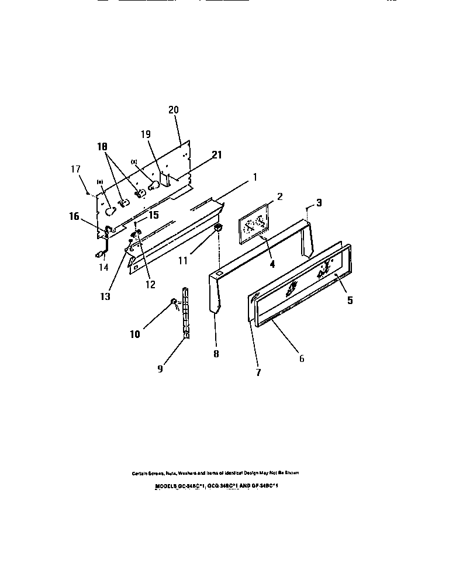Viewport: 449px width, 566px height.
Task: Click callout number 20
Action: click(174, 110)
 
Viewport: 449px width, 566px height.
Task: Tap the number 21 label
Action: click(217, 155)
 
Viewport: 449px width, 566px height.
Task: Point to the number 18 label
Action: click(102, 149)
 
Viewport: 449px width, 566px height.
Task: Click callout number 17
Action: click(75, 169)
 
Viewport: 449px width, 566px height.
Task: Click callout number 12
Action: click(150, 285)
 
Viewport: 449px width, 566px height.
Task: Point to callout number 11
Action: click(183, 260)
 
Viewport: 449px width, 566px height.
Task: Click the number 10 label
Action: click(134, 334)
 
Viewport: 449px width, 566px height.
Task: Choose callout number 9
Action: click(161, 369)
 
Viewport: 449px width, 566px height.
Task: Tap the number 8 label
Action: click(216, 354)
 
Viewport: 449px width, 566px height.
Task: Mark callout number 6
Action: click(302, 358)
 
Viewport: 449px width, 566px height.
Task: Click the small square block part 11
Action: click(217, 227)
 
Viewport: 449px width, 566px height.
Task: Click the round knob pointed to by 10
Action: click(174, 301)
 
